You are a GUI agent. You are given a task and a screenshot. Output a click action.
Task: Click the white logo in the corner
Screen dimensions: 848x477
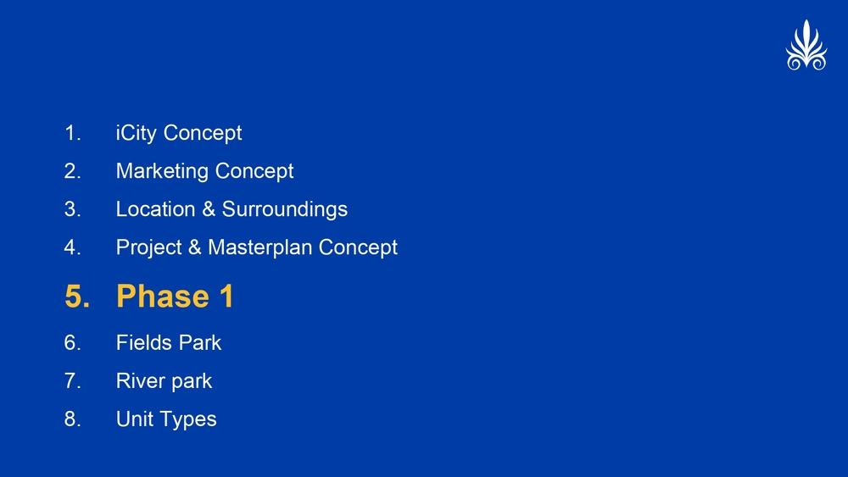click(x=806, y=46)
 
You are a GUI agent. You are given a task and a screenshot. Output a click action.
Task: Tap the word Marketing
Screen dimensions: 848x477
click(x=162, y=172)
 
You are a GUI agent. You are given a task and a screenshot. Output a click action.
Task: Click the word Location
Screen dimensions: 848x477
click(x=155, y=209)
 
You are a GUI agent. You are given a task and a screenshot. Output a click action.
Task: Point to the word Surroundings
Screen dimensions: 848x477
click(x=284, y=210)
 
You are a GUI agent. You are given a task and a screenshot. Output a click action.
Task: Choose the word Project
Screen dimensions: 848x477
click(x=148, y=248)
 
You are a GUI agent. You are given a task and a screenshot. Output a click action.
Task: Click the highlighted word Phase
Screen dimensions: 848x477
click(x=163, y=296)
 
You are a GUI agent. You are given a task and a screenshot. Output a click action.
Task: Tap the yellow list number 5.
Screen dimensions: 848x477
click(x=77, y=297)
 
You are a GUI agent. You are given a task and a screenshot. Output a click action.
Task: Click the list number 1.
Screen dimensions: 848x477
click(x=72, y=133)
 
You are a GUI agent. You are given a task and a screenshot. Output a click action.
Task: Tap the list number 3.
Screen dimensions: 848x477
click(x=72, y=209)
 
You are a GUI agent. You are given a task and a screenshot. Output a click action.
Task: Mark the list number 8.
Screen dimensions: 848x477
click(x=72, y=419)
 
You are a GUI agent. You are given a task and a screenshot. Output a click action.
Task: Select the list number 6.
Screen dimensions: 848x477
click(x=72, y=342)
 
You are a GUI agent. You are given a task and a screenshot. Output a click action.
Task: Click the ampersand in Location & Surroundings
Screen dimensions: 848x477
click(x=209, y=209)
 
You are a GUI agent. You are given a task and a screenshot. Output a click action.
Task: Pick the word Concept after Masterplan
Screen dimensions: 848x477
click(x=358, y=248)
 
